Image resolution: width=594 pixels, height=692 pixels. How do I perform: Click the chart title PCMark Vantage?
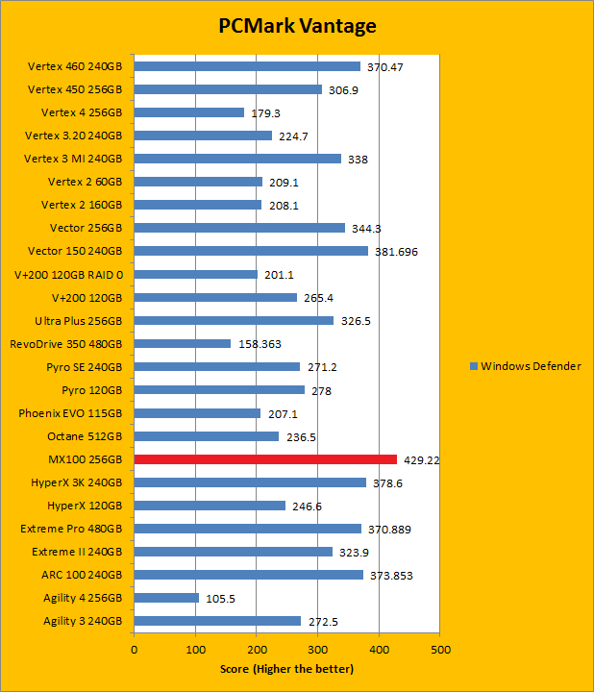[296, 26]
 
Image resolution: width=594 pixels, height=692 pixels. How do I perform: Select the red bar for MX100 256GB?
[265, 459]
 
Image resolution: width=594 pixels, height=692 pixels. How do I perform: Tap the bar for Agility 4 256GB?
[166, 598]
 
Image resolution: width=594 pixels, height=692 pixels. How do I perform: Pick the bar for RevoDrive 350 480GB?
[183, 344]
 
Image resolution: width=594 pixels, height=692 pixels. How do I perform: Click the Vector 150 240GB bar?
[251, 251]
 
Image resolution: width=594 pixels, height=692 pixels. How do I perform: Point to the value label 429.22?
[420, 460]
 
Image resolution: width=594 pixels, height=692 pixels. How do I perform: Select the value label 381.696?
[395, 252]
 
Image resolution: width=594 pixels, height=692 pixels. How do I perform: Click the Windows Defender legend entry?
[525, 366]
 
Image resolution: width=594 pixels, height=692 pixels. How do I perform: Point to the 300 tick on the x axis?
[318, 651]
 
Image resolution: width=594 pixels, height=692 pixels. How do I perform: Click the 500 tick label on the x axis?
[440, 651]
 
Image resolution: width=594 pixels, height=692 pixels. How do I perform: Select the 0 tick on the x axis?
[135, 651]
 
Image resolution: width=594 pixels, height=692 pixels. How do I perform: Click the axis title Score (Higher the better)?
[286, 669]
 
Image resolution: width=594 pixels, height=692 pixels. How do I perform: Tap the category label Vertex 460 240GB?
[75, 66]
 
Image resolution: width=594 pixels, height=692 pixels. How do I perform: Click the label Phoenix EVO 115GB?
[70, 413]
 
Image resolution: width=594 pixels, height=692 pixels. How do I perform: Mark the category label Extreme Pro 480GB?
[72, 529]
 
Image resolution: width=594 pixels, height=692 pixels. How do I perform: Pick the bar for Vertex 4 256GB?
[189, 112]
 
